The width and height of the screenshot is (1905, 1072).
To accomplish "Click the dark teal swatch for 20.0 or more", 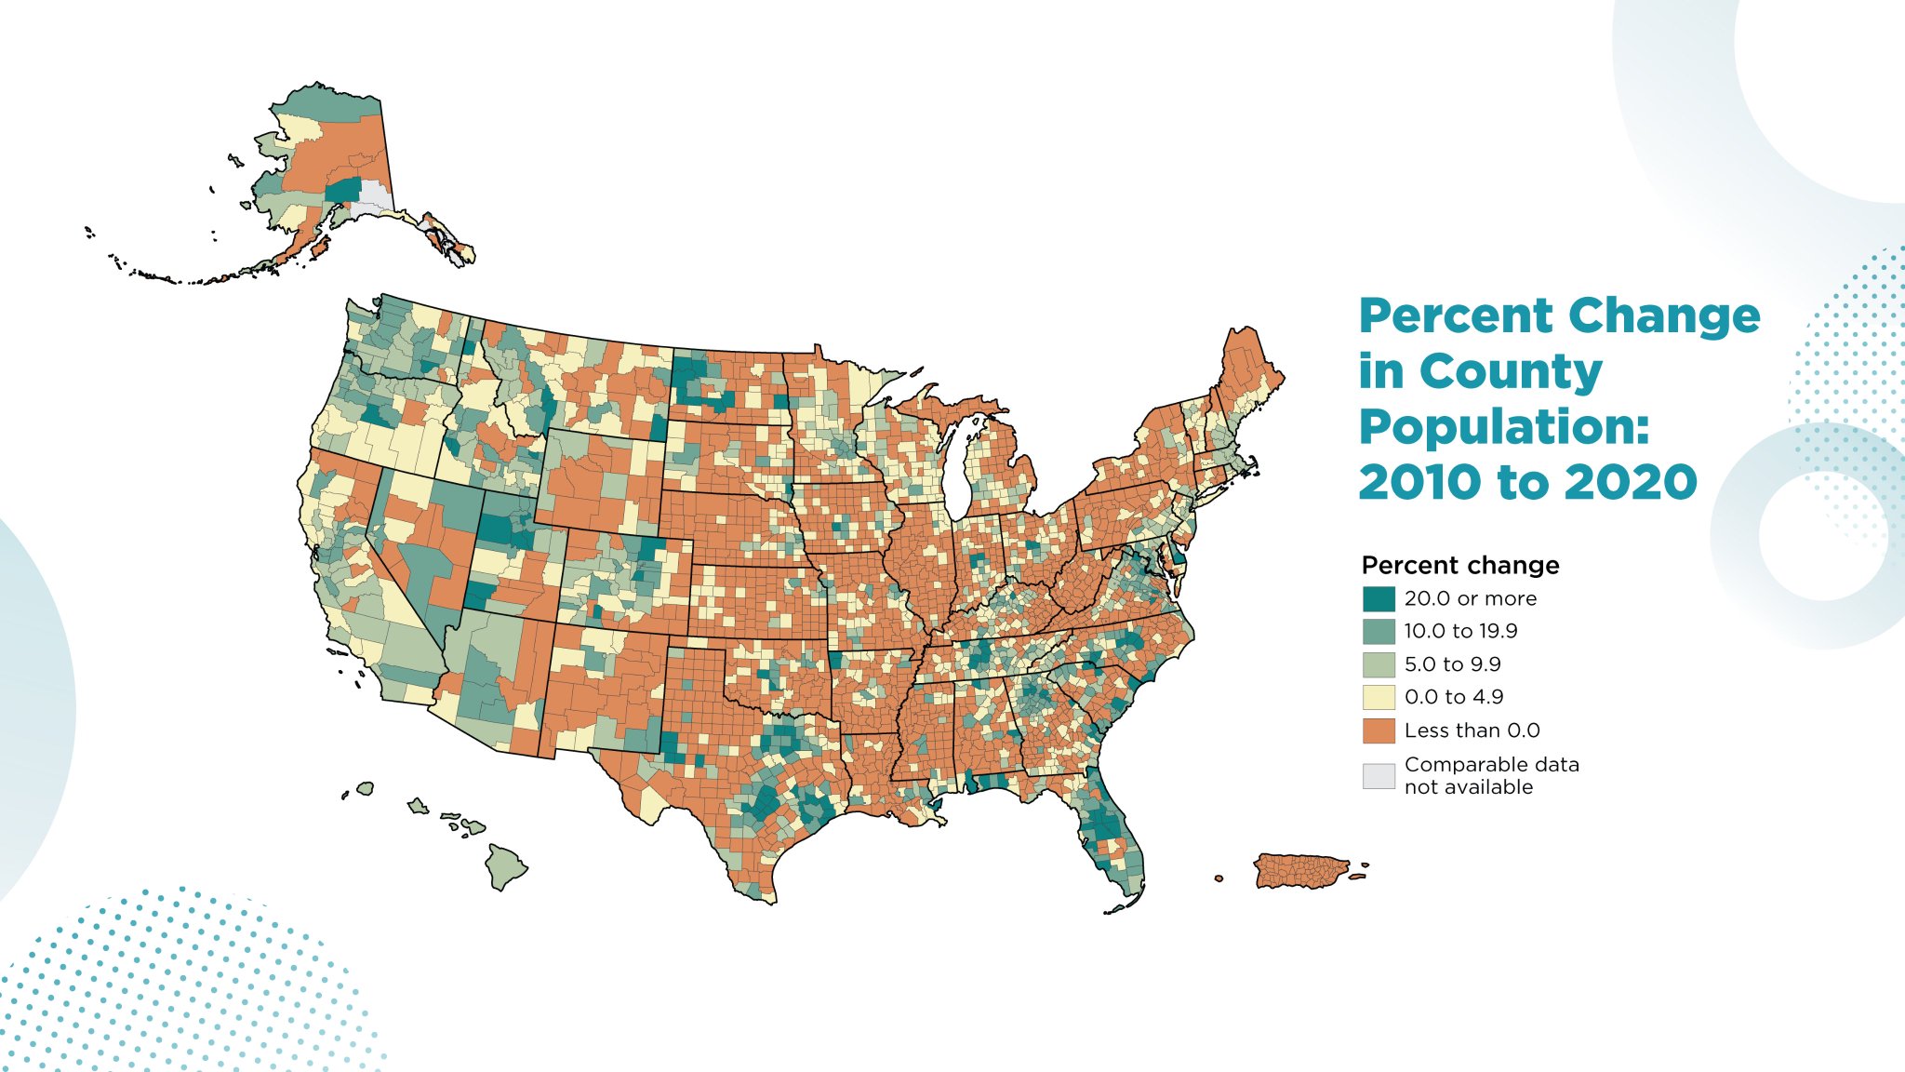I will pos(1379,598).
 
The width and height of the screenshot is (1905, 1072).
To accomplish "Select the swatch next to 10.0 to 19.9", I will pos(1379,632).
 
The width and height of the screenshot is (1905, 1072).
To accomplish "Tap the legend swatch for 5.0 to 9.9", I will pos(1379,664).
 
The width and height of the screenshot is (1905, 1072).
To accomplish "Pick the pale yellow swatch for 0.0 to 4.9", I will pos(1379,697).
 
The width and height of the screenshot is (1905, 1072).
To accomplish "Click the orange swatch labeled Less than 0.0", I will pos(1379,730).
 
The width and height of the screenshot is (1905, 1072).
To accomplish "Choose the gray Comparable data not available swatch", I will pos(1379,775).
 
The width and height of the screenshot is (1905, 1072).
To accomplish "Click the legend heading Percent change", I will pos(1459,565).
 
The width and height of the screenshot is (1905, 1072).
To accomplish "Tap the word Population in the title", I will pos(1503,427).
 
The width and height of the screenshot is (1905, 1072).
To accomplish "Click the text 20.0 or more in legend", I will pos(1470,598).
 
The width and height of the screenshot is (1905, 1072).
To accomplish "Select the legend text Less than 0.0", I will pos(1472,730).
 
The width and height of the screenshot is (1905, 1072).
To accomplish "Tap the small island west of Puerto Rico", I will pos(1219,878).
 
